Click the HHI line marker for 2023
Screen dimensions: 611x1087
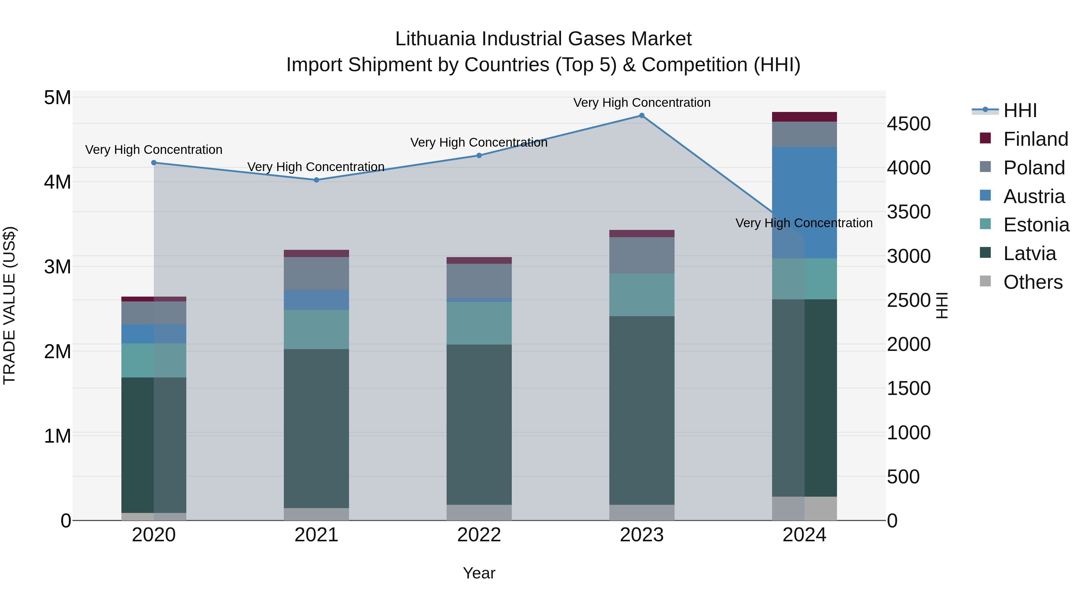coord(641,116)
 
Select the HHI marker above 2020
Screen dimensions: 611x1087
coord(154,163)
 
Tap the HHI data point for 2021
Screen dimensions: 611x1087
coord(316,180)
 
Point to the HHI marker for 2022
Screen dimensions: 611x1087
coord(479,156)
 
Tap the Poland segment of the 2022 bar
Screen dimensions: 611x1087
coord(479,280)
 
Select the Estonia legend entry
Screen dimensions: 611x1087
coord(1036,225)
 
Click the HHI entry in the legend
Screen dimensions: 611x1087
coord(1019,110)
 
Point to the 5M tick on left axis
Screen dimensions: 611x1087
coord(57,98)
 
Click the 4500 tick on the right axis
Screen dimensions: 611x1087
coord(909,124)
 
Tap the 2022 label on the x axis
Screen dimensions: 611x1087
coord(479,535)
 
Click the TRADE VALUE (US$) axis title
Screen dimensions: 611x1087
coord(9,305)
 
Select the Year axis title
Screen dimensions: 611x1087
coord(479,573)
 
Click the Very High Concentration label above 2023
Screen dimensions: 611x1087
coord(641,103)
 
